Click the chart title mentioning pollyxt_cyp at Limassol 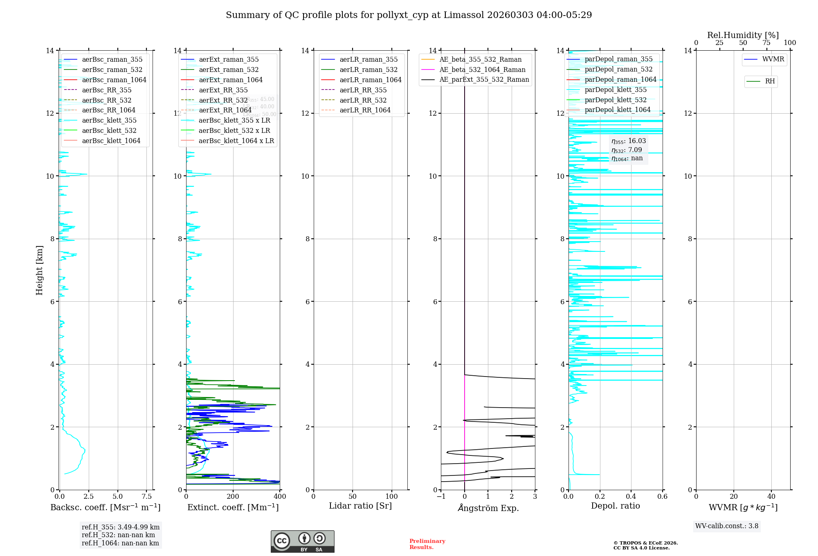click(x=409, y=15)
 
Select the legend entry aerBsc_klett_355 click(x=109, y=121)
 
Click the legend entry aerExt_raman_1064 click(x=231, y=80)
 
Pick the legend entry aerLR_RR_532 click(x=363, y=101)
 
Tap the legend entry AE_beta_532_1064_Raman click(x=482, y=70)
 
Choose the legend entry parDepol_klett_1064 click(x=618, y=110)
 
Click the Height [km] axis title click(x=39, y=270)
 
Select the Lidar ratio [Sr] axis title click(x=360, y=506)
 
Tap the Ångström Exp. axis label click(x=488, y=508)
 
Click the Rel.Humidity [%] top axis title click(x=743, y=35)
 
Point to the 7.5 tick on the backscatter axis click(x=147, y=497)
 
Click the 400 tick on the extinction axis click(x=280, y=497)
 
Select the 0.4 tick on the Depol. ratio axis click(x=631, y=497)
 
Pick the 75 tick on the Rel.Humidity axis click(x=766, y=43)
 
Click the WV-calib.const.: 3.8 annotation click(x=727, y=526)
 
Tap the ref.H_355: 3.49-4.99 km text click(x=121, y=527)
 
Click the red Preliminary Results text click(x=427, y=544)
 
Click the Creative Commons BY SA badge click(x=302, y=542)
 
